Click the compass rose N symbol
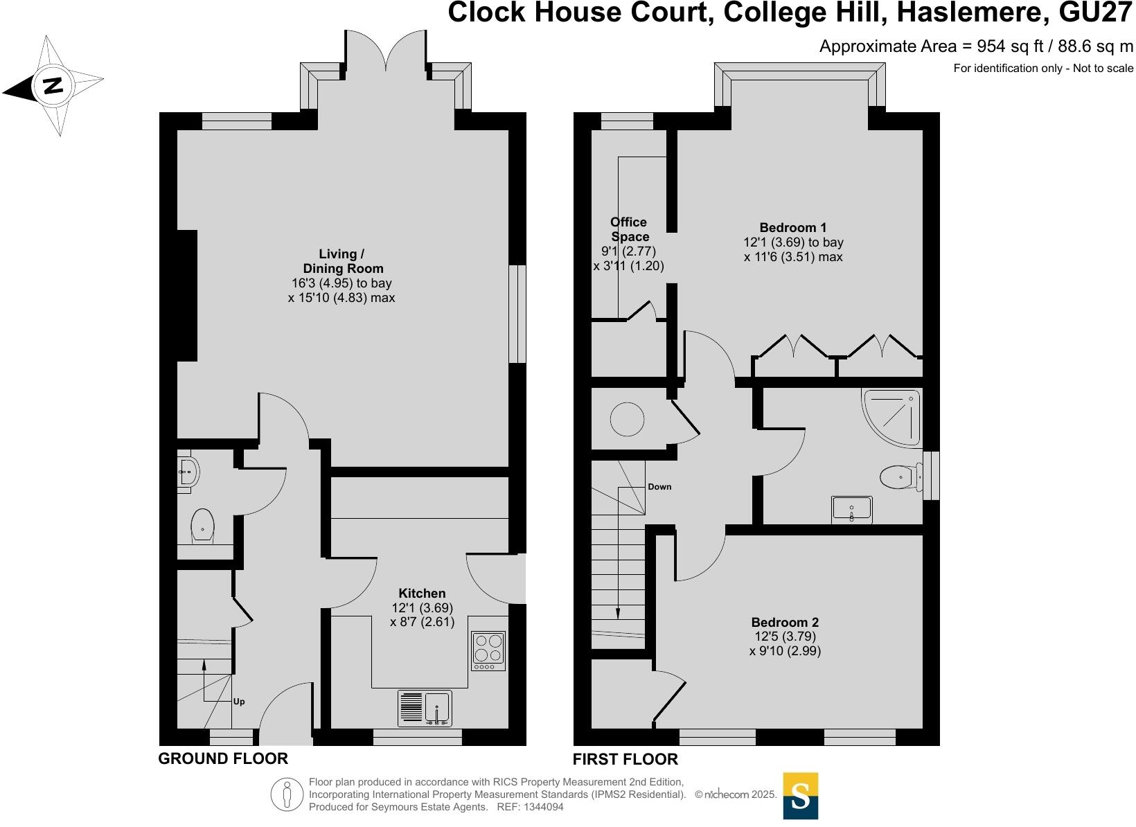[53, 86]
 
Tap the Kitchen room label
[422, 594]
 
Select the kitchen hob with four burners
[488, 651]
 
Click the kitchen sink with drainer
[425, 708]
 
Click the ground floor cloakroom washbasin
[187, 472]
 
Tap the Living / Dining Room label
[342, 261]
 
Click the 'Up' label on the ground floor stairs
[238, 702]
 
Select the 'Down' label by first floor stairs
[659, 487]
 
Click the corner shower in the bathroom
[894, 416]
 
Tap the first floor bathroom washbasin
[851, 510]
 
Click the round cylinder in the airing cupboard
[628, 420]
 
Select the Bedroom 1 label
[793, 227]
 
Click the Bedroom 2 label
[785, 622]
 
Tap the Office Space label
[629, 229]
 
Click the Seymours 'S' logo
[800, 796]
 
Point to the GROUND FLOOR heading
[223, 758]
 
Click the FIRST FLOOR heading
[625, 759]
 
